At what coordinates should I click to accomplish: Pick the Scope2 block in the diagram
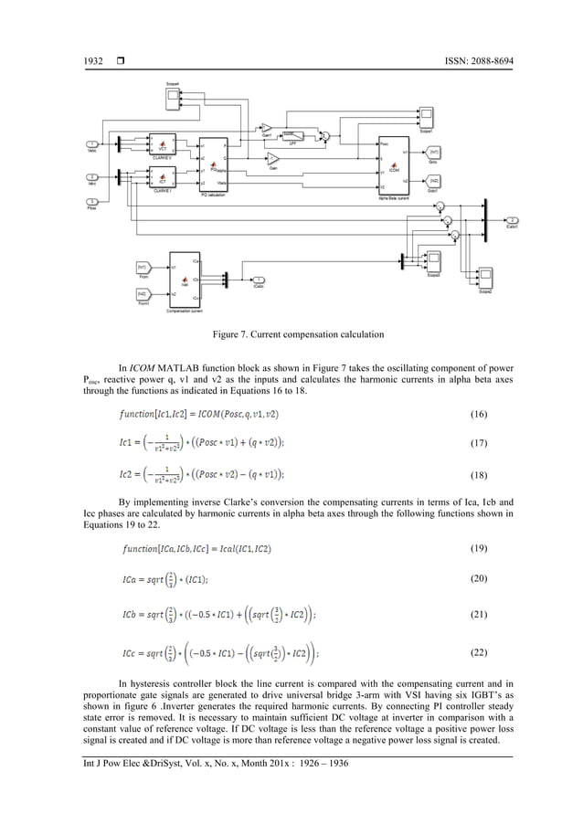tap(485, 278)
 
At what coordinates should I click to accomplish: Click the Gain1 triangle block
tap(267, 128)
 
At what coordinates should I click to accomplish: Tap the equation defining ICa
tap(165, 579)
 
